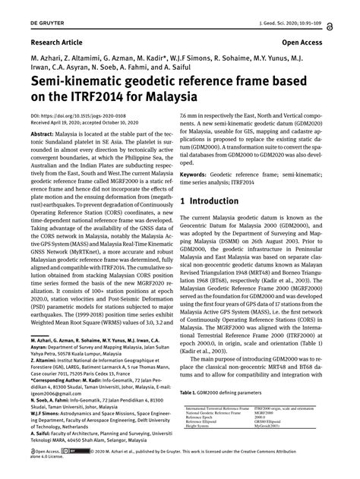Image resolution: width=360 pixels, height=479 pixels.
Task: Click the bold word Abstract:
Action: [x=47, y=133]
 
